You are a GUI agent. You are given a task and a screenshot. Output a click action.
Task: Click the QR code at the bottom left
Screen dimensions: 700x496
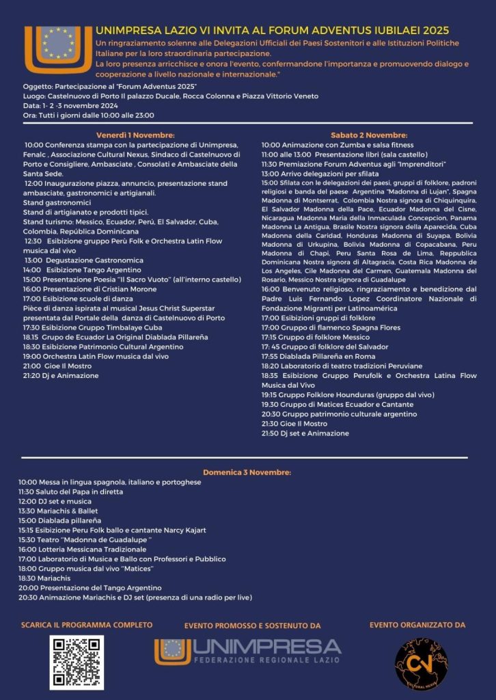click(77, 662)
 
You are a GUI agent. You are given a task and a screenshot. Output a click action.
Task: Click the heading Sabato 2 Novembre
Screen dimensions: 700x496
click(369, 135)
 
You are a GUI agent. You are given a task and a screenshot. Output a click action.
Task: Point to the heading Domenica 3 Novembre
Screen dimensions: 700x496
click(247, 472)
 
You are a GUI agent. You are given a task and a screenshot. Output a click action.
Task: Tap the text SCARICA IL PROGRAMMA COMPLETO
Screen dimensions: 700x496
click(87, 625)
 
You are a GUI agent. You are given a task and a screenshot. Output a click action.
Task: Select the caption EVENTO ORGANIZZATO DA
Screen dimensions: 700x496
click(417, 625)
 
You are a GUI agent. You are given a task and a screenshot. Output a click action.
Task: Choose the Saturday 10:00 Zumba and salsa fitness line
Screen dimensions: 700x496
click(337, 145)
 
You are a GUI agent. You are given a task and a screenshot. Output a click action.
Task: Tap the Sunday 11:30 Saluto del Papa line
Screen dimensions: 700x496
click(71, 492)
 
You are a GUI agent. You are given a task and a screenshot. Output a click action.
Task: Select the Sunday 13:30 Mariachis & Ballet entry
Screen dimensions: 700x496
click(58, 511)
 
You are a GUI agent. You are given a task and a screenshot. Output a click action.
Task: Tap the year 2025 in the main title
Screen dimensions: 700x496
click(435, 30)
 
